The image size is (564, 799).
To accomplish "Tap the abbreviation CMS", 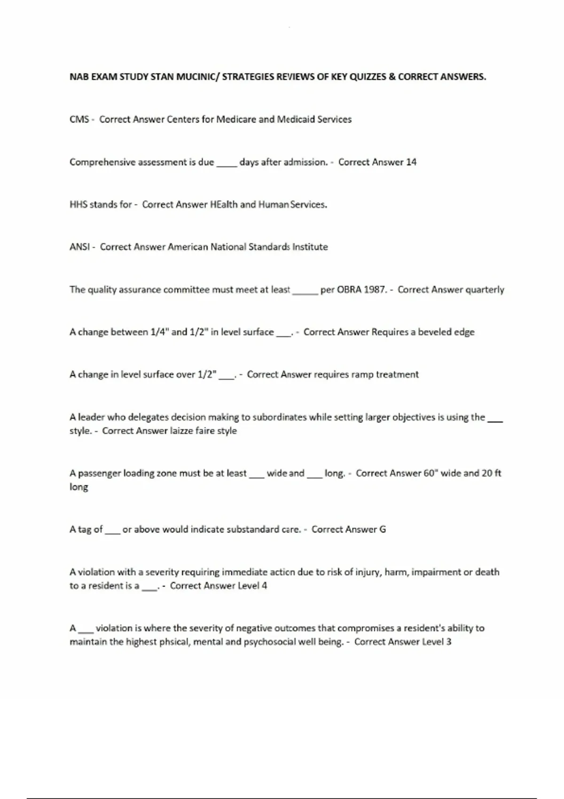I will (x=79, y=119).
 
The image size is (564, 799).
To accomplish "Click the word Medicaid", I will (x=296, y=119).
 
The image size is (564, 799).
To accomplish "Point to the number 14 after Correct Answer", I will (x=411, y=162).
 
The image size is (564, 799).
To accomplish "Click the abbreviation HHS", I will (x=78, y=204).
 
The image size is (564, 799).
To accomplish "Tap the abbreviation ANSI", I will (x=79, y=247).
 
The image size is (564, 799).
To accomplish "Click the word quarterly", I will (x=484, y=290).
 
